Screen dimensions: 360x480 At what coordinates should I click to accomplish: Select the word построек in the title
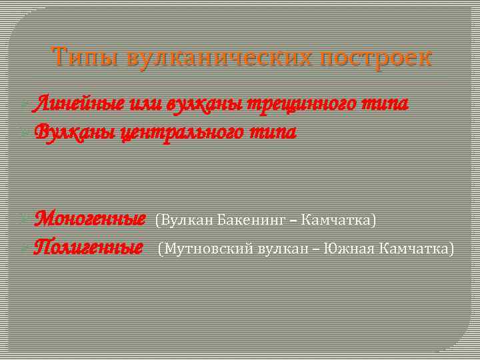point(376,57)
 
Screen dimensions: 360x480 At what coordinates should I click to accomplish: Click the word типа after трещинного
point(386,103)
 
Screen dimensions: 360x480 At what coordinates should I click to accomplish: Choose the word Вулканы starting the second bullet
point(72,131)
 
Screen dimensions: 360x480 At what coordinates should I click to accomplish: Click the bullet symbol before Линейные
point(26,104)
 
